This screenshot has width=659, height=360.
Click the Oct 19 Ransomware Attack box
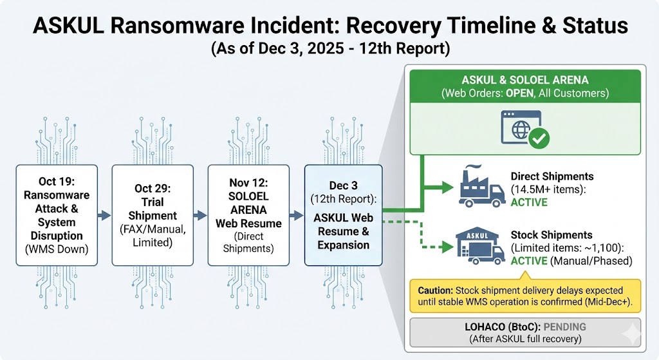(x=56, y=215)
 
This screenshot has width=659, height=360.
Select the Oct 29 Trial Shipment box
(x=153, y=215)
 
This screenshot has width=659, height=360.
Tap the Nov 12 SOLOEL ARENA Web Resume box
(x=248, y=215)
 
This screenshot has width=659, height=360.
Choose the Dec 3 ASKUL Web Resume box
(x=344, y=215)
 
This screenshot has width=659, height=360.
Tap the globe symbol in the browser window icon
(x=519, y=129)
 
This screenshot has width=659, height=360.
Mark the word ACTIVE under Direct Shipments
(x=529, y=202)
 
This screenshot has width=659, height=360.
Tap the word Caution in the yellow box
(x=435, y=290)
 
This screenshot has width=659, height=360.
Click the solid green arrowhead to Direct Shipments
(x=447, y=189)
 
